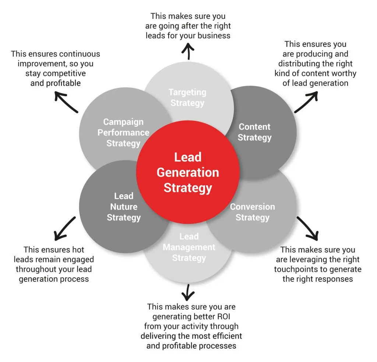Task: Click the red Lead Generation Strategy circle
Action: click(188, 173)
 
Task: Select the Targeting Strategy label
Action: click(187, 98)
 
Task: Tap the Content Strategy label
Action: click(254, 132)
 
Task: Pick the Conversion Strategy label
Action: click(252, 212)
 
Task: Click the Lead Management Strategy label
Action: click(189, 247)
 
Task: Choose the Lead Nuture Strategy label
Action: click(124, 207)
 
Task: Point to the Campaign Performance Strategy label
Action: click(123, 132)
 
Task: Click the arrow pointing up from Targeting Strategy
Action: click(188, 51)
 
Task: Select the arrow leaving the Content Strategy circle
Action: click(306, 102)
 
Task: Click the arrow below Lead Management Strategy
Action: click(188, 292)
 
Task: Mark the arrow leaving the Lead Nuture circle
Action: click(65, 228)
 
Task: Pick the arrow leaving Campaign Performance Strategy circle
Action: click(67, 103)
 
